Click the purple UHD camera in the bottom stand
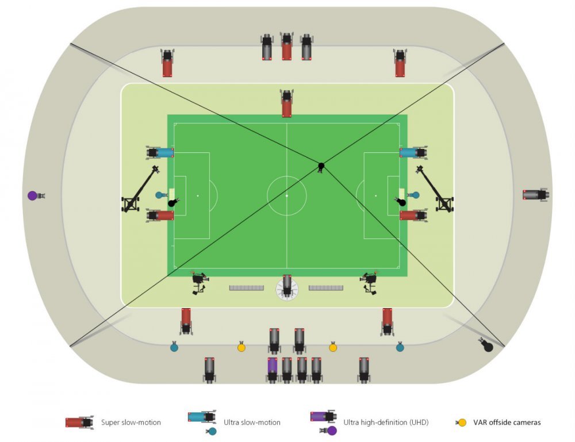(x=272, y=370)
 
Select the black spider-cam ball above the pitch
(x=321, y=167)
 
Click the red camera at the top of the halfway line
(x=287, y=103)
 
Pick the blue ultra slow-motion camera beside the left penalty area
(x=160, y=152)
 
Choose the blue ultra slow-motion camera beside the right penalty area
(x=413, y=152)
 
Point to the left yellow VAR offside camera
(x=241, y=347)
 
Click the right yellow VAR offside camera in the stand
(x=332, y=347)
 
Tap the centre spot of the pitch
(x=287, y=196)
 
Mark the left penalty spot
(x=198, y=196)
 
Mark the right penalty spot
(x=375, y=196)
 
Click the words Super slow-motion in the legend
(x=131, y=422)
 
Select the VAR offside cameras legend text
(x=507, y=422)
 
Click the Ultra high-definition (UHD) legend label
(x=386, y=422)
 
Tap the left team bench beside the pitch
(x=247, y=288)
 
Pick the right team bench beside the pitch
(x=326, y=288)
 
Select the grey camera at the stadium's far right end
(x=536, y=194)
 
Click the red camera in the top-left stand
(x=167, y=63)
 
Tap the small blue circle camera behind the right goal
(x=414, y=195)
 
